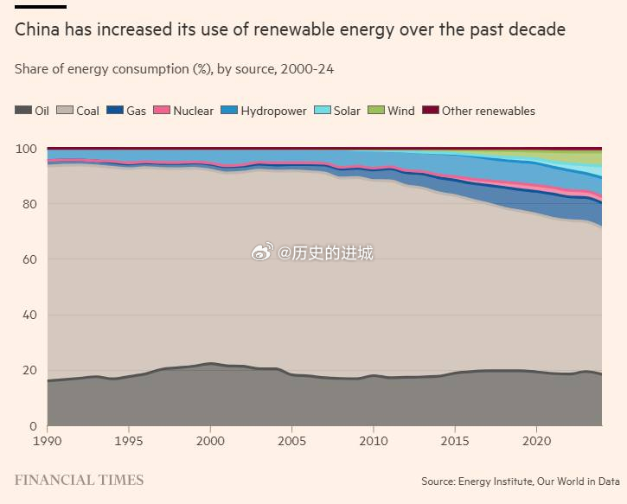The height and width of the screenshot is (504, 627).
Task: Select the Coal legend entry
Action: coord(79,111)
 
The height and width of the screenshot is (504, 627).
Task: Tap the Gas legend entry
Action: coord(126,111)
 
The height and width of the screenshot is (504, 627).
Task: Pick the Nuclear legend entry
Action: coord(183,111)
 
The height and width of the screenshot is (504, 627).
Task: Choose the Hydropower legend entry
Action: coord(264,111)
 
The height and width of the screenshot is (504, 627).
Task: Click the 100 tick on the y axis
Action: coord(26,149)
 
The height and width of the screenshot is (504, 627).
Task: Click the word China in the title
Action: coord(38,30)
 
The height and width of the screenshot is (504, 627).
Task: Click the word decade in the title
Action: coord(534,30)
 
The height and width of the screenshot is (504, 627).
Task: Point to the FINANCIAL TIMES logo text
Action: coord(79,480)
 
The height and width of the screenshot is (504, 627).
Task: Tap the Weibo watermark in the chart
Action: coord(312,253)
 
